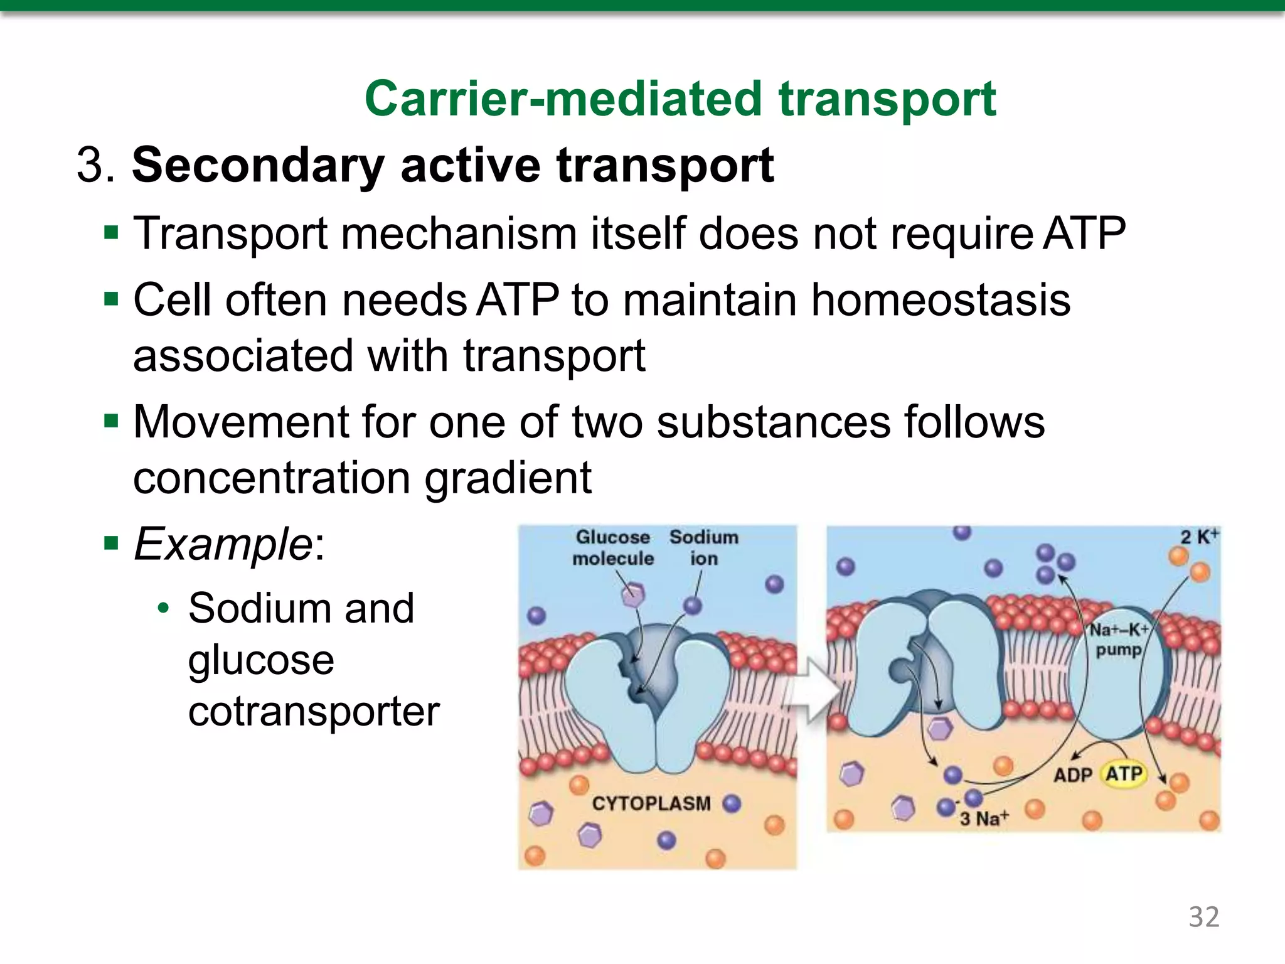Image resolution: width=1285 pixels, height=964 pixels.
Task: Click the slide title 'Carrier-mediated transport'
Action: [x=680, y=99]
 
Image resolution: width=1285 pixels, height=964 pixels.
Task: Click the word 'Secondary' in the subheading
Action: [x=257, y=166]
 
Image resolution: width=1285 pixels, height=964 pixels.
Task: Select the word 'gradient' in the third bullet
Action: [x=508, y=478]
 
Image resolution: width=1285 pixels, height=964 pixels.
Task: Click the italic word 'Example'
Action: [x=223, y=544]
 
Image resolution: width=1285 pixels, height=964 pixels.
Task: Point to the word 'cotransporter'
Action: [x=314, y=712]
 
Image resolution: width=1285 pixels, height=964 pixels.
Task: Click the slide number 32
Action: [x=1203, y=917]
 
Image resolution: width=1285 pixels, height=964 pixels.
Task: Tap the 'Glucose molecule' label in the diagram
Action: [x=612, y=548]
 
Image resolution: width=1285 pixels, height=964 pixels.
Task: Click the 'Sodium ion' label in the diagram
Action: [x=703, y=548]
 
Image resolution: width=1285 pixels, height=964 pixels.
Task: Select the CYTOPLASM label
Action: [x=651, y=803]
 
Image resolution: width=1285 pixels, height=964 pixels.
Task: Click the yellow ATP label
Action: [x=1124, y=774]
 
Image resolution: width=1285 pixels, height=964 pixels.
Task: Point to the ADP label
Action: [x=1072, y=775]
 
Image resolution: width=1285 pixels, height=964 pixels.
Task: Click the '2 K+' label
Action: [x=1199, y=537]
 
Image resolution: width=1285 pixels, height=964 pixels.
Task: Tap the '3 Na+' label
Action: [x=984, y=818]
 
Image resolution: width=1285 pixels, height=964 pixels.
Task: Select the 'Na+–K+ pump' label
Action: [x=1119, y=640]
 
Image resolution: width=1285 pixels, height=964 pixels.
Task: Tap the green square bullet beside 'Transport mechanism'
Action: [x=112, y=233]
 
